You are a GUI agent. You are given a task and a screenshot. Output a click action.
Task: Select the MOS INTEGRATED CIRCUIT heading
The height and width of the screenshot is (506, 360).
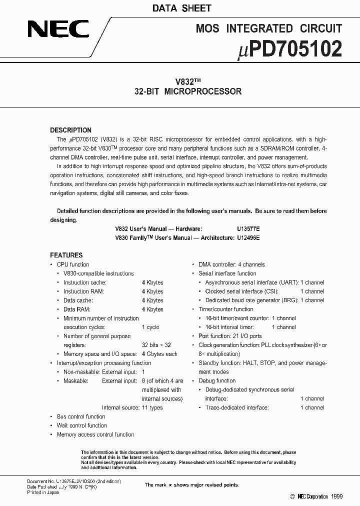(x=269, y=28)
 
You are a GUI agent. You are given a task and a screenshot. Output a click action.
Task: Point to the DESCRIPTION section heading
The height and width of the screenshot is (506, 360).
(x=70, y=130)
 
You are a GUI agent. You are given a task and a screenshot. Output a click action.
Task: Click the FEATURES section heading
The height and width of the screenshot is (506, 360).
(x=66, y=255)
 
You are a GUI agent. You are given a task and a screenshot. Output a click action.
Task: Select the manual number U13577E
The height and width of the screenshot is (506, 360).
(x=248, y=229)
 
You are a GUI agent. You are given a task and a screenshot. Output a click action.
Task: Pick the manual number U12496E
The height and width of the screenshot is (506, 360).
(x=248, y=238)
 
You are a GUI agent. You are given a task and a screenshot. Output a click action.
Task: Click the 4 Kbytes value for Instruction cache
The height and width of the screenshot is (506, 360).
(x=152, y=282)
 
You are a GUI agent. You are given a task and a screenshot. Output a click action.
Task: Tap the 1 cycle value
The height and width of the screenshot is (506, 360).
(x=150, y=327)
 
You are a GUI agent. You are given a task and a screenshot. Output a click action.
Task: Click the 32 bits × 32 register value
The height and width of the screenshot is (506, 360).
(x=156, y=345)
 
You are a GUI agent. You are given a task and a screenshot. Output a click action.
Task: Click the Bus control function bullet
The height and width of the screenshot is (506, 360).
(x=81, y=416)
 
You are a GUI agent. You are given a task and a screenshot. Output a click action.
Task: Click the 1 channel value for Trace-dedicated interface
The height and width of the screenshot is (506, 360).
(x=312, y=407)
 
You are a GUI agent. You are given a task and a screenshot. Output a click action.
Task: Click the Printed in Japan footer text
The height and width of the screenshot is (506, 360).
(x=43, y=492)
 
